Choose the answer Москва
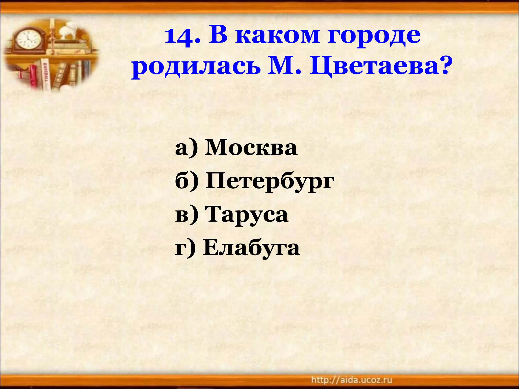tap(251, 148)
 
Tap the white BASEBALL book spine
tap(45, 73)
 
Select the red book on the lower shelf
tap(33, 75)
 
